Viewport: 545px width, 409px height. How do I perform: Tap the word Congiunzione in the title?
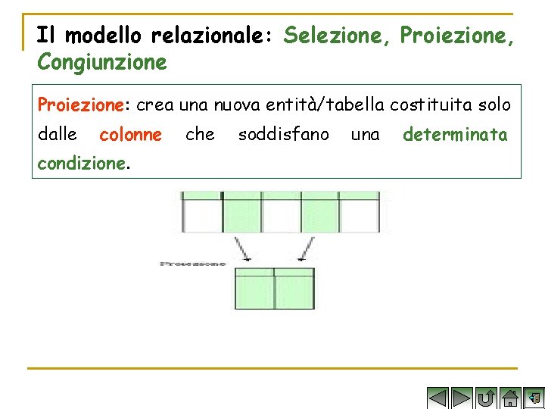(x=102, y=61)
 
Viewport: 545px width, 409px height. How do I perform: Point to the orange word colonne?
(x=130, y=135)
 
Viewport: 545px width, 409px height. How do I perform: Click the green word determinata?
(x=455, y=135)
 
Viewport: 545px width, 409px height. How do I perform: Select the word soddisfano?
(x=283, y=135)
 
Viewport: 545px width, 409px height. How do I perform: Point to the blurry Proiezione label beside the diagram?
(x=193, y=264)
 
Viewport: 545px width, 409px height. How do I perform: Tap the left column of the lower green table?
(x=255, y=288)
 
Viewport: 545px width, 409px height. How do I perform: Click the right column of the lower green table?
(x=294, y=288)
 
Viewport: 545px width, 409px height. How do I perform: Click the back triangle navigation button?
(x=438, y=398)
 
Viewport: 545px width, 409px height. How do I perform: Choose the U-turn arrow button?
(x=487, y=398)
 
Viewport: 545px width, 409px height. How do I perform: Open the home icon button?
(x=511, y=398)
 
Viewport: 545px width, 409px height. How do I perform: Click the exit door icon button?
(x=534, y=398)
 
